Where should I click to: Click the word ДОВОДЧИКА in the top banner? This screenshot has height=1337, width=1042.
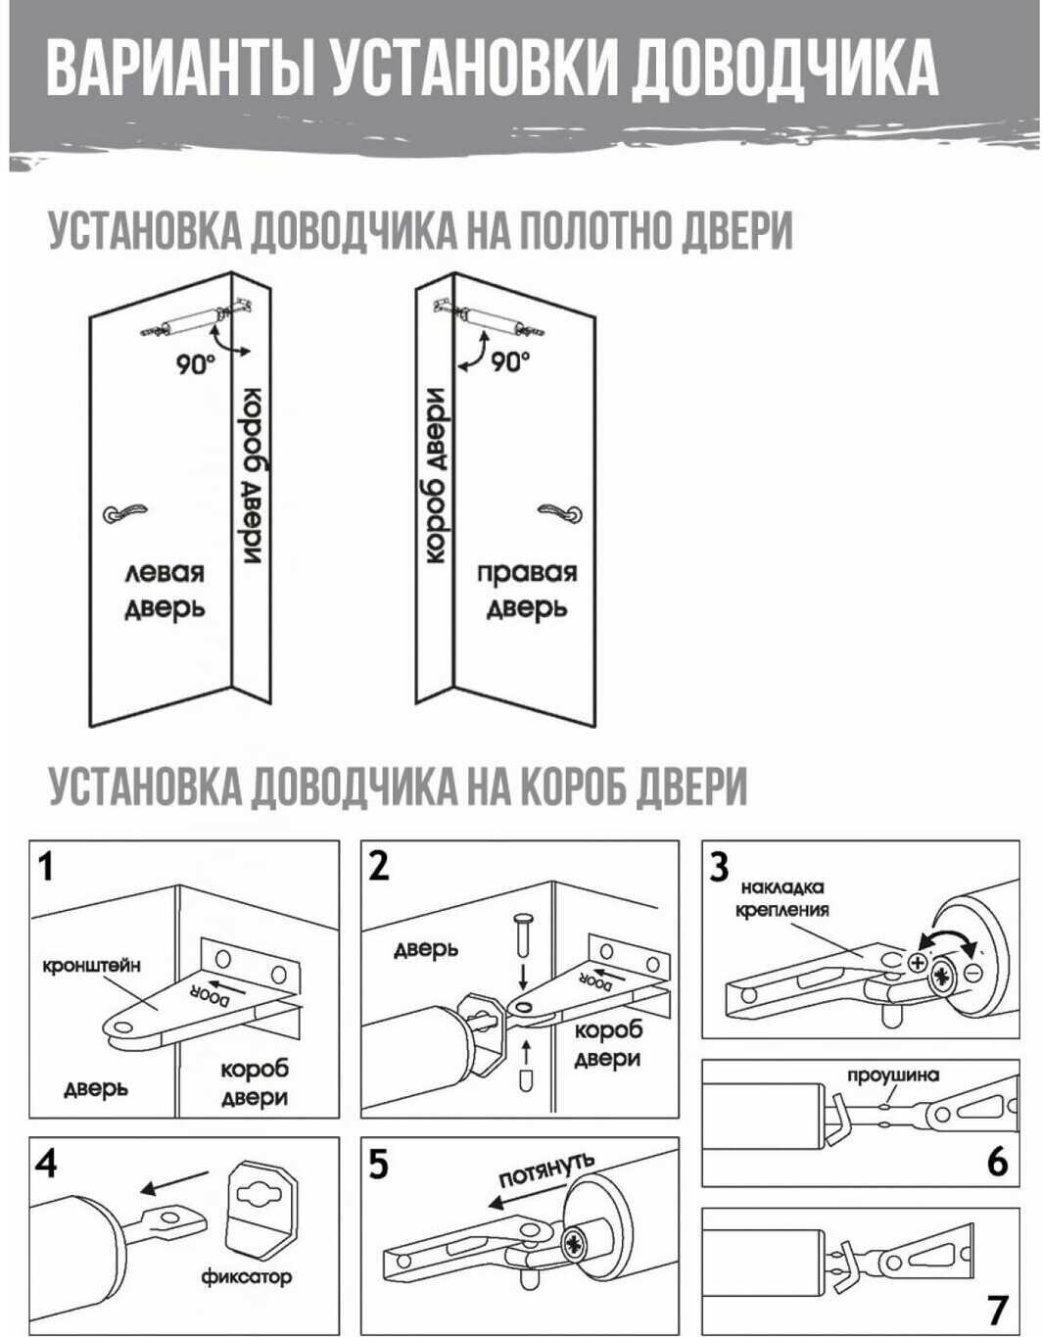coord(782,68)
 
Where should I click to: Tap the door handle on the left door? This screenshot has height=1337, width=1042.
coord(125,511)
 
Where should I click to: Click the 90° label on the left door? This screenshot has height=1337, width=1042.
coord(195,364)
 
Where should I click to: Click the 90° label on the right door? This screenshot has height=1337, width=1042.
coord(509,361)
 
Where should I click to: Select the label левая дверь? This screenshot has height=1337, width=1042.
coord(164,590)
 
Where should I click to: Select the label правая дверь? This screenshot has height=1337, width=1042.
coord(527,590)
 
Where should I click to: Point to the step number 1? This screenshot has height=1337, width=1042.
coord(46,867)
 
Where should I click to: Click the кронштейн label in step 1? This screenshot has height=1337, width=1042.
coord(91,965)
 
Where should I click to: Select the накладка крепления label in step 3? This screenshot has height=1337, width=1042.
coord(782,898)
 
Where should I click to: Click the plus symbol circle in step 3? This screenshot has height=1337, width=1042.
coord(918,963)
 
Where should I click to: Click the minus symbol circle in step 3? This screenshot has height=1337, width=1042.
coord(973,972)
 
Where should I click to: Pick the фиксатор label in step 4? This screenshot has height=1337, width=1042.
coord(247,1276)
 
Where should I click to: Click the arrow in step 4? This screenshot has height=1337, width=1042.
coord(173,1182)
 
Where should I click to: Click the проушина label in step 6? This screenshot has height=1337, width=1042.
coord(892,1074)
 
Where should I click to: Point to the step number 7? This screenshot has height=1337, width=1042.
coord(997,1310)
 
